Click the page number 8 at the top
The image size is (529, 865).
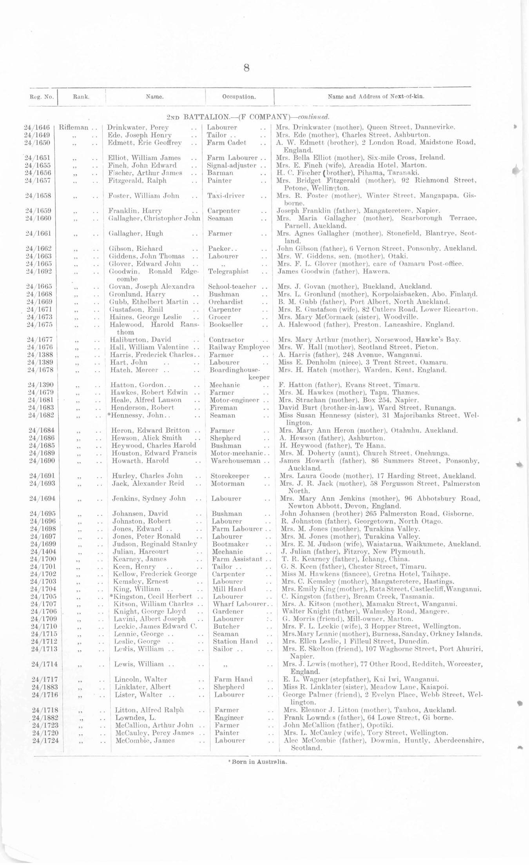[246, 68]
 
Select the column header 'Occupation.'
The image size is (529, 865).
[239, 97]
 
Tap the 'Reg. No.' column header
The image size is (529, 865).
[42, 97]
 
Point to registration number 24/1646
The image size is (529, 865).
[37, 127]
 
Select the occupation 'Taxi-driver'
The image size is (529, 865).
[226, 196]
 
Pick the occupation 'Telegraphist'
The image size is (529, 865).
[228, 271]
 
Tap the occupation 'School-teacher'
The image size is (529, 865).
[232, 287]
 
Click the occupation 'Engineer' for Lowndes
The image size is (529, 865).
[229, 718]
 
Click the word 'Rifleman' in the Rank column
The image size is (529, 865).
[74, 127]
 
